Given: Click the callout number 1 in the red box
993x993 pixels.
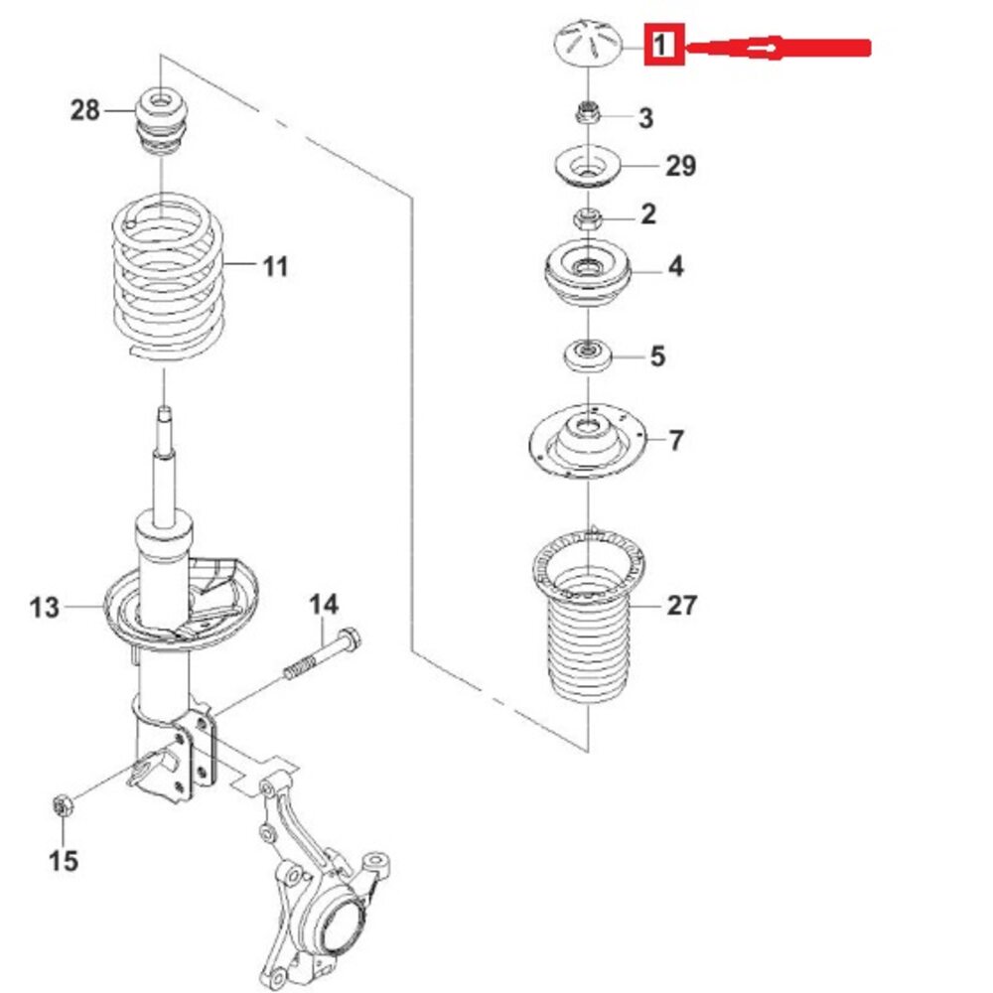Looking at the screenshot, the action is click(x=661, y=45).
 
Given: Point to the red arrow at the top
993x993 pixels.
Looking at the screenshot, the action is click(x=779, y=48).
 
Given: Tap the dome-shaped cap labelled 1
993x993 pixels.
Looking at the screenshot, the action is click(x=588, y=43).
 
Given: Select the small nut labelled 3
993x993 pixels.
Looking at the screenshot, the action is click(x=588, y=114).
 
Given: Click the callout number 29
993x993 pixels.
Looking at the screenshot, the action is click(x=681, y=165).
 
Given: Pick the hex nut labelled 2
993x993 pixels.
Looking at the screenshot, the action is click(x=588, y=218).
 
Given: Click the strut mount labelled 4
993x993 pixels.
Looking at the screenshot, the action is click(x=588, y=274).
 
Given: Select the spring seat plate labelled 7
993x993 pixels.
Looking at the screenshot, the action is click(x=588, y=441).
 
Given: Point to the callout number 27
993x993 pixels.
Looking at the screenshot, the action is click(x=682, y=606).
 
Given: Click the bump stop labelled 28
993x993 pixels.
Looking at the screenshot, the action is click(x=162, y=121).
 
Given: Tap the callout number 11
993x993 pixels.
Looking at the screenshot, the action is click(x=275, y=266).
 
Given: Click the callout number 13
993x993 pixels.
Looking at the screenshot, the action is click(x=45, y=608).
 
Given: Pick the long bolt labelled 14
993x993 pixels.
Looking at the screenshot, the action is click(x=322, y=653).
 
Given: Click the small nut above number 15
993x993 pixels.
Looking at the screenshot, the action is click(x=63, y=806).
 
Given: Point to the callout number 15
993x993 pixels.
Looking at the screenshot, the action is click(x=64, y=861).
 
